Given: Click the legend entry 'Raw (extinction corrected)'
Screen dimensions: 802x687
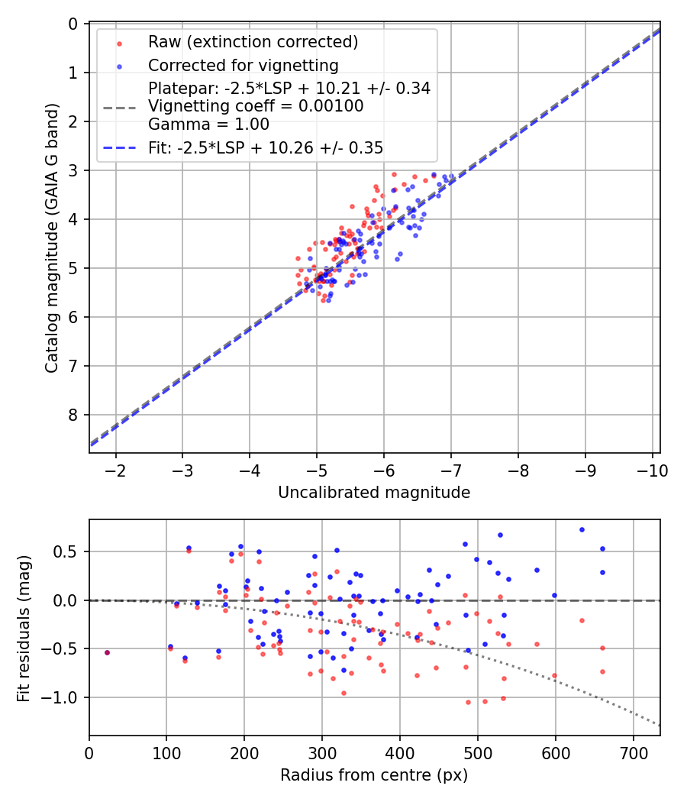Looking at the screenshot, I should (253, 41).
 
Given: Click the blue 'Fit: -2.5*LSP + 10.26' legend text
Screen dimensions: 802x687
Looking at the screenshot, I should (265, 147).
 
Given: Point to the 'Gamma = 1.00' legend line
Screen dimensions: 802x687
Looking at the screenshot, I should (208, 124).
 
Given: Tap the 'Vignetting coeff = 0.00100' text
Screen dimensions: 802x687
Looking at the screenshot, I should (256, 106).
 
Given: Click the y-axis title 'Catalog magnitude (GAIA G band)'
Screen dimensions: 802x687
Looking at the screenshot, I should (51, 238).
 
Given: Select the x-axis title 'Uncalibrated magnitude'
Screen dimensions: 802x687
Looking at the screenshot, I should (374, 493).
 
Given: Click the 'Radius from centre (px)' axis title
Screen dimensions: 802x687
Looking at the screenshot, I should (374, 775).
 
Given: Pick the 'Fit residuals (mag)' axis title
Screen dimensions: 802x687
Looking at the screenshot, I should (23, 628).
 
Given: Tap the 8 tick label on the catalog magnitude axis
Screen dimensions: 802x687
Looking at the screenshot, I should (73, 415).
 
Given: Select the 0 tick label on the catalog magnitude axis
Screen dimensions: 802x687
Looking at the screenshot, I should (73, 24).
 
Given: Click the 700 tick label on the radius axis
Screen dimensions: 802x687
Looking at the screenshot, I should (633, 753).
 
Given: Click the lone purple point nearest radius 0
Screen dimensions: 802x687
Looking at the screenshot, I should (107, 652).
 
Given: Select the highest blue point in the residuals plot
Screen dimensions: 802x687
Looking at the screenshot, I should (582, 529).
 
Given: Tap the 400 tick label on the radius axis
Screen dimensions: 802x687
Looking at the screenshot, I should (400, 753).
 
